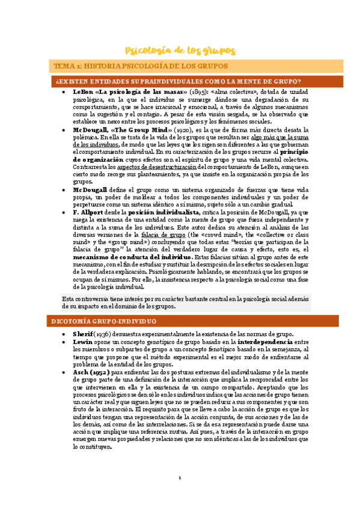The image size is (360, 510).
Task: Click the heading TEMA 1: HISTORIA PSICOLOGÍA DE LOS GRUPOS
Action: [x=141, y=66]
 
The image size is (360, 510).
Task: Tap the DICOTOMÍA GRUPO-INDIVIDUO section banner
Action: [x=105, y=322]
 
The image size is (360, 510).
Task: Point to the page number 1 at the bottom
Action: [x=179, y=478]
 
